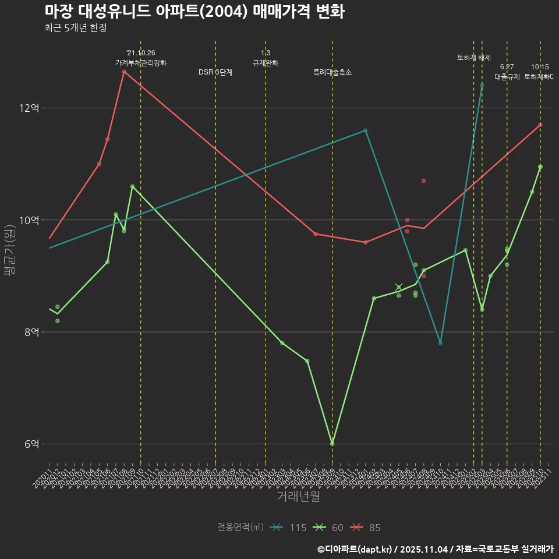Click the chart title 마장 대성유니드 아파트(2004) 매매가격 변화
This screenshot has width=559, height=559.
tap(194, 12)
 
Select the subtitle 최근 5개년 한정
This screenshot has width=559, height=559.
tap(75, 28)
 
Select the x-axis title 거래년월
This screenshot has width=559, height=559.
tap(298, 497)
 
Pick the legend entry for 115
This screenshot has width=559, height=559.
tap(289, 528)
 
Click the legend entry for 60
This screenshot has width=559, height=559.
tap(329, 528)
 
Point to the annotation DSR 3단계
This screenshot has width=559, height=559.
tap(215, 72)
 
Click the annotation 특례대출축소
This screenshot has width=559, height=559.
tap(332, 72)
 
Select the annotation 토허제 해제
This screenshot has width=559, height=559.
tap(474, 58)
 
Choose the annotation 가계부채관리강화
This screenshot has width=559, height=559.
tap(141, 63)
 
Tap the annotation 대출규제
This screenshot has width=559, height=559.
tap(507, 76)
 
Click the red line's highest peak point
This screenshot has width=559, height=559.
tap(124, 72)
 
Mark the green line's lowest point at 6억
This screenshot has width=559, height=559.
tap(332, 444)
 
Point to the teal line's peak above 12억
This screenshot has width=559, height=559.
tap(482, 86)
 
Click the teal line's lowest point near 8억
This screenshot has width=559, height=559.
tap(440, 343)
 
